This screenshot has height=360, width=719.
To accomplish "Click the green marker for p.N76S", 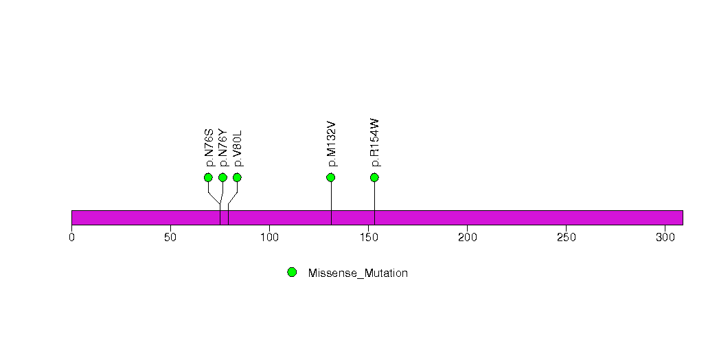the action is [208, 177].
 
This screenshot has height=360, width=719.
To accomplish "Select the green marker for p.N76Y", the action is [223, 177].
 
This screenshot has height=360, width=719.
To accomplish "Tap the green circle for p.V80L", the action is [237, 177].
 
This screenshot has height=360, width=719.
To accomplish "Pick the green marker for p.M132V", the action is [330, 177].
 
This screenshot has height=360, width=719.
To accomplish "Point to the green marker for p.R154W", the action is [374, 177].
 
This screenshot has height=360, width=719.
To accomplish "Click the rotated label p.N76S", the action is [209, 148].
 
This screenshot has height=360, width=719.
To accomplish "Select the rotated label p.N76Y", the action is [223, 148].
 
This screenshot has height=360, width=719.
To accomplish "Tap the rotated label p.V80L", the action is [238, 148].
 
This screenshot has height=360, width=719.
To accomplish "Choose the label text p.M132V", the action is [332, 144].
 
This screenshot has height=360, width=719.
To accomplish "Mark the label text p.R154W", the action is [375, 143].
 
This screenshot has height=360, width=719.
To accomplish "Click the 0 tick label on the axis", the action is [71, 237].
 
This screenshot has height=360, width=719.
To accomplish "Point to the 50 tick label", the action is [170, 237].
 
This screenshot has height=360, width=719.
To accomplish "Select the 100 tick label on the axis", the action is [270, 237].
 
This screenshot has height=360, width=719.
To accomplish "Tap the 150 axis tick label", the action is [369, 237].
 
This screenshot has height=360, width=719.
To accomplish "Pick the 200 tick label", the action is [467, 237].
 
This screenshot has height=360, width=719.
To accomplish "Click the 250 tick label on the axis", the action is [567, 237].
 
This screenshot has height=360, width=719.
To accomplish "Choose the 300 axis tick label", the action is [665, 237].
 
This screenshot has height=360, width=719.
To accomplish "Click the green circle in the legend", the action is [292, 273].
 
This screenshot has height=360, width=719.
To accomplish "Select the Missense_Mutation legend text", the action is [358, 273].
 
